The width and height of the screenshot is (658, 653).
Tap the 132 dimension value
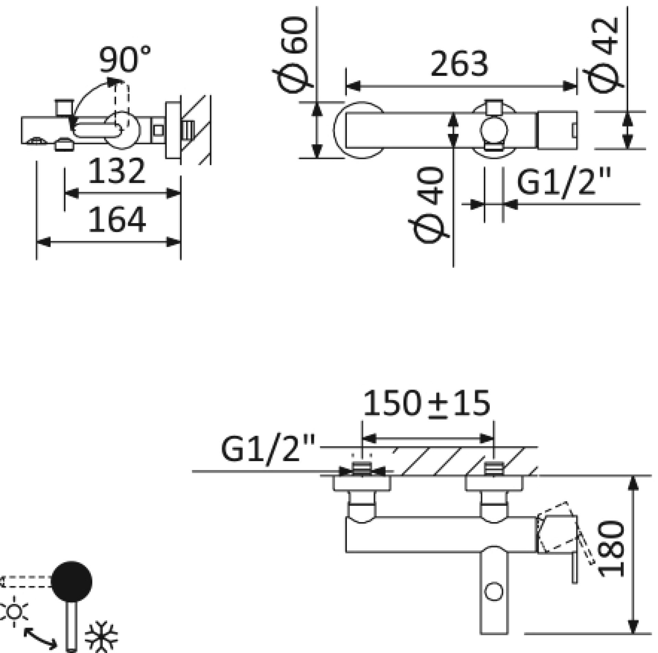[117, 170]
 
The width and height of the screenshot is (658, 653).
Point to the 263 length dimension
[459, 64]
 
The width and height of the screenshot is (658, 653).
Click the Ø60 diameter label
[293, 55]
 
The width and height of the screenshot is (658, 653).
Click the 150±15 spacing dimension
[426, 404]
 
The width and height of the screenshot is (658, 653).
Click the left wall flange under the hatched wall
[362, 483]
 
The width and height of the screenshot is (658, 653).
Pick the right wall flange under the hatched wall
[494, 483]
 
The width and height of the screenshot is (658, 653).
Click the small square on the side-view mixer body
[158, 130]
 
